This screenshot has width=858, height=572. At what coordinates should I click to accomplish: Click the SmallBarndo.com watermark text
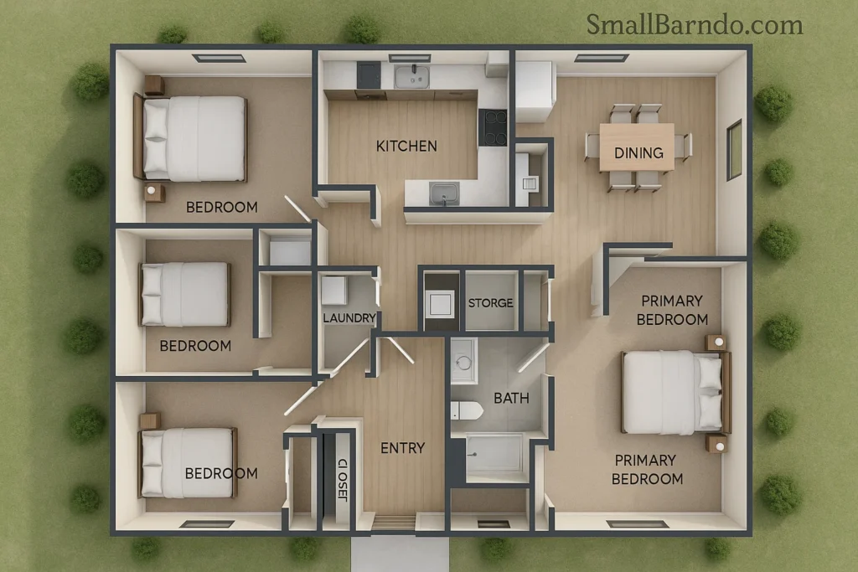694,24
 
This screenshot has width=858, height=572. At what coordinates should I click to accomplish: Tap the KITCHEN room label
406,146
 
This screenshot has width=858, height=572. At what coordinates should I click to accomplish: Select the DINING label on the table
638,152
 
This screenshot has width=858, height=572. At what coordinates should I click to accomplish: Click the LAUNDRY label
349,318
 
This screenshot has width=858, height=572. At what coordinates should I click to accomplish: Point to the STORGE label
490,302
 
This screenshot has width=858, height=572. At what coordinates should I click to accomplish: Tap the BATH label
511,398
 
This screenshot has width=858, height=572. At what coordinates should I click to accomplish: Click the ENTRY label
402,448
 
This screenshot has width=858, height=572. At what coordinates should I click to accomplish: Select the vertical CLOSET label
341,480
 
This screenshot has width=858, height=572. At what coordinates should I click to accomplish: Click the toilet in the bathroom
466,410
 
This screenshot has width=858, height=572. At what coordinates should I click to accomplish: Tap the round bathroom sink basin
463,362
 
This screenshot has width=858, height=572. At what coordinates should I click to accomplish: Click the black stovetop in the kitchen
493,127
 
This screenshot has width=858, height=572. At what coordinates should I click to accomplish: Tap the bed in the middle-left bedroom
185,294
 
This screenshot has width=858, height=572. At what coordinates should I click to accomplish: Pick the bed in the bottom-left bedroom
188,462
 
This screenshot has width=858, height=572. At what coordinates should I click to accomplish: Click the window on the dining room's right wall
734,149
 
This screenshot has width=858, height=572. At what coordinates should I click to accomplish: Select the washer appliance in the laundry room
334,290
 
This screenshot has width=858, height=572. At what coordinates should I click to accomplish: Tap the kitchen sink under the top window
411,77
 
